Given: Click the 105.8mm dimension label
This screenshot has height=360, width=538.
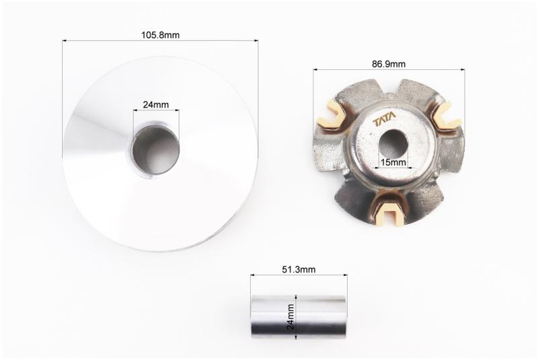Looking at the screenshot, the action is (x=160, y=35).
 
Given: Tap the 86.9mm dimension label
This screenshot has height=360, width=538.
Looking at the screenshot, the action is (x=389, y=64).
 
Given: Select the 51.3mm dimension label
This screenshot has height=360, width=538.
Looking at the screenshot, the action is (x=299, y=269).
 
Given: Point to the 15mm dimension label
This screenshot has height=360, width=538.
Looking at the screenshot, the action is (x=393, y=162).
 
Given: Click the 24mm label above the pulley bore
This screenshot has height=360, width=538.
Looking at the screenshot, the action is (x=156, y=105).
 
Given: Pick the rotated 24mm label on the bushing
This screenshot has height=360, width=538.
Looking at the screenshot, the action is (x=291, y=316).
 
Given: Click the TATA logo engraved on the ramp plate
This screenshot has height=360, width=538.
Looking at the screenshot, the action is (x=384, y=121).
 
